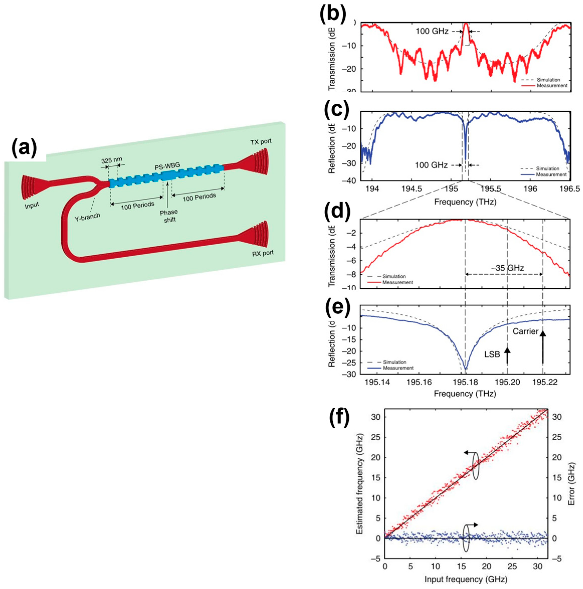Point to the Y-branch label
87,217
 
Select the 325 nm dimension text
111,159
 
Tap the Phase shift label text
169,215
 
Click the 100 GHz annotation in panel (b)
432,31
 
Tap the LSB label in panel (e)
492,354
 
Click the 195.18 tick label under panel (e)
465,382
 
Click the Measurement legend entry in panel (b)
552,86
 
